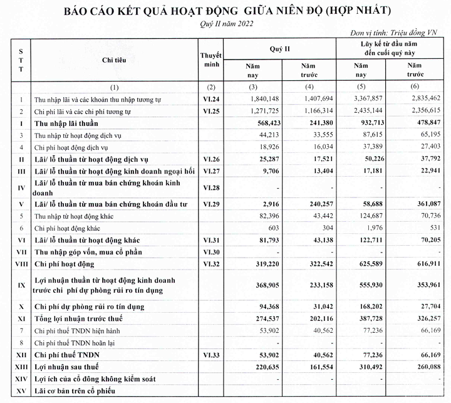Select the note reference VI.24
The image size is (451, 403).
[x=209, y=99]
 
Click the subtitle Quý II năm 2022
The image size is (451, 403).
[x=226, y=24]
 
